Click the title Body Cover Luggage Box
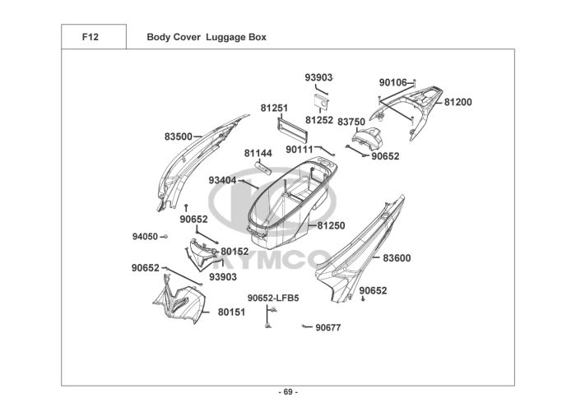tap(206, 37)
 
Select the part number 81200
tap(458, 103)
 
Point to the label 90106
tap(393, 82)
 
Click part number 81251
tap(274, 108)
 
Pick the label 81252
tap(319, 120)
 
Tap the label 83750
tap(351, 121)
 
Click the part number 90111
tap(300, 150)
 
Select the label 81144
tap(258, 153)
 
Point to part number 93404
tap(222, 180)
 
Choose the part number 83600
tap(397, 258)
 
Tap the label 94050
tap(145, 237)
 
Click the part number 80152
tap(235, 252)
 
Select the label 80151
tap(231, 312)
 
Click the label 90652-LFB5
tap(273, 298)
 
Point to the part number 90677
tap(327, 327)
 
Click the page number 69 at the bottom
tap(288, 391)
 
